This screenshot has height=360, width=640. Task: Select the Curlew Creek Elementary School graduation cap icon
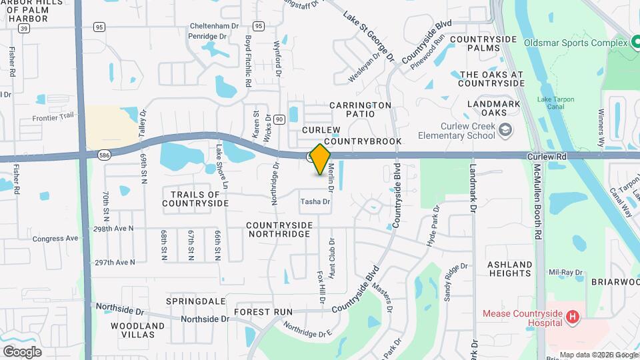[x=505, y=130]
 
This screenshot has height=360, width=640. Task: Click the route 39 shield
[x=23, y=29]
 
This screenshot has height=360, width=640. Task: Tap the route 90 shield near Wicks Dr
[x=279, y=119]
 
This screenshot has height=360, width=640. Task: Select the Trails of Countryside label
[x=191, y=198]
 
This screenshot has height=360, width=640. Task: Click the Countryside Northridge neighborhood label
[x=279, y=229]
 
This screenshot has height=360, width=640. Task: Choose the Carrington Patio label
[x=360, y=109]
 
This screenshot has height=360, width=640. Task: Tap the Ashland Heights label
[x=510, y=269]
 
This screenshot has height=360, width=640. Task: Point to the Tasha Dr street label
[x=315, y=201]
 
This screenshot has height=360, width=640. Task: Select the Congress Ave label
[x=55, y=238]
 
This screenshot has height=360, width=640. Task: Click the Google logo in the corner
[x=22, y=351]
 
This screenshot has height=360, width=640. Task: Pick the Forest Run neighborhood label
[x=263, y=311]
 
